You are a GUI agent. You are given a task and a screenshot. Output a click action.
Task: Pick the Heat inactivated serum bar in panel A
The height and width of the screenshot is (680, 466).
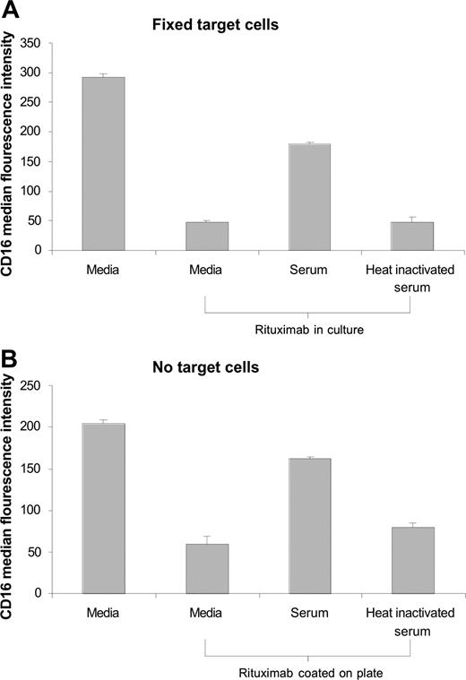[x=412, y=236]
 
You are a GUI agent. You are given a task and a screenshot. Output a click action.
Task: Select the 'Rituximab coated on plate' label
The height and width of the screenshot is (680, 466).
[x=309, y=670]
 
